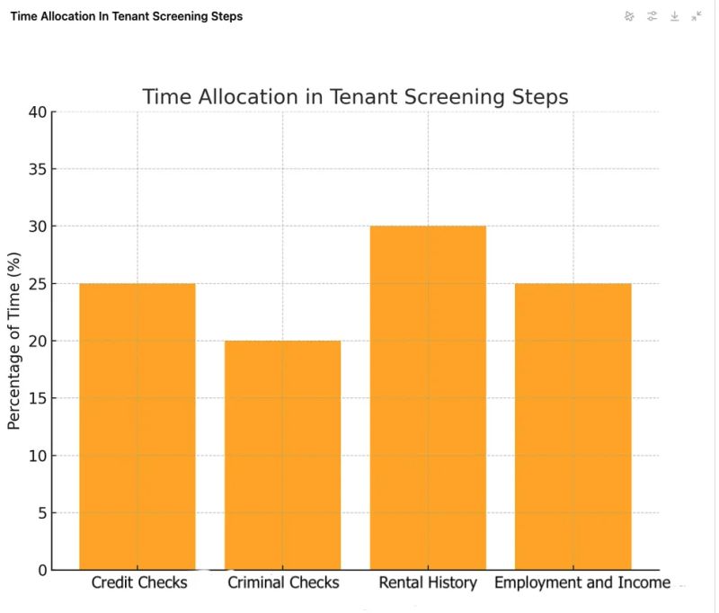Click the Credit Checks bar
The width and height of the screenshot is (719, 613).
138,426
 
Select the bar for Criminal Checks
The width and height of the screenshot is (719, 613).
283,455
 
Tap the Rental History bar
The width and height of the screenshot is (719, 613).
428,397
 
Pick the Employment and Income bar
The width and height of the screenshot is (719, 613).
573,426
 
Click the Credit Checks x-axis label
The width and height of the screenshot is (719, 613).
139,582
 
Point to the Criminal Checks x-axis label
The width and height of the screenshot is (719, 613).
283,582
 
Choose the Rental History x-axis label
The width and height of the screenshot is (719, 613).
428,582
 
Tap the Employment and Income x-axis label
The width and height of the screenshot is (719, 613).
582,582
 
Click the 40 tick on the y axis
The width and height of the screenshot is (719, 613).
37,112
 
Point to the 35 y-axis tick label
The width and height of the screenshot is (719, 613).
37,170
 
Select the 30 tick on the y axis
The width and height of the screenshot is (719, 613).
37,227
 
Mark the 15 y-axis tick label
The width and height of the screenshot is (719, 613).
37,398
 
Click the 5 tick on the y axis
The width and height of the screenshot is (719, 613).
41,513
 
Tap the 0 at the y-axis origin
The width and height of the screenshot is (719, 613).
41,570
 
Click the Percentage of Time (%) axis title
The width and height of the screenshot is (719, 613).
14,341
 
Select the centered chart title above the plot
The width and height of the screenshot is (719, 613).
356,96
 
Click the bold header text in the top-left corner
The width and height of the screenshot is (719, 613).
127,16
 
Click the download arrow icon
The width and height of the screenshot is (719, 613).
675,16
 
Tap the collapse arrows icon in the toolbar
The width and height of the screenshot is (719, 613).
697,16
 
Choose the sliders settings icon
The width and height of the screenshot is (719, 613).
652,16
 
